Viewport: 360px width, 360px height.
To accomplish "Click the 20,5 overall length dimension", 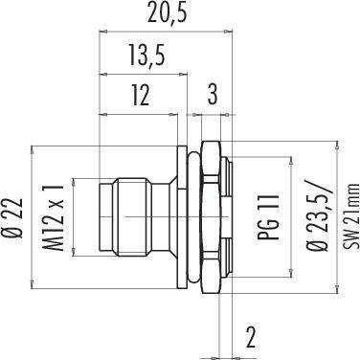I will click(167, 15).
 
